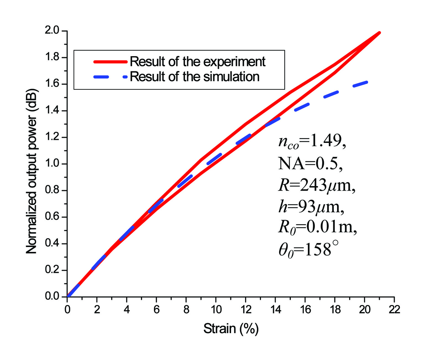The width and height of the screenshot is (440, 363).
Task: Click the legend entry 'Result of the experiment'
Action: click(197, 61)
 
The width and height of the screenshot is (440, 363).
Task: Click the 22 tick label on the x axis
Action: click(394, 308)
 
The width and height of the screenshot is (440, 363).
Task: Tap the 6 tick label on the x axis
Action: click(157, 308)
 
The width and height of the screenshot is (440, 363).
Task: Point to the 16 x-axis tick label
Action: click(305, 308)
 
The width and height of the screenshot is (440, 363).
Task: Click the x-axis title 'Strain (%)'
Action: click(231, 328)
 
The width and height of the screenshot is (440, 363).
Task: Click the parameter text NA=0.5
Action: click(311, 164)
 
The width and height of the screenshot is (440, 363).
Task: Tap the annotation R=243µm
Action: click(317, 185)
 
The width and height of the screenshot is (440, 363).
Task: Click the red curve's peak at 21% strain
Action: click(379, 33)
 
